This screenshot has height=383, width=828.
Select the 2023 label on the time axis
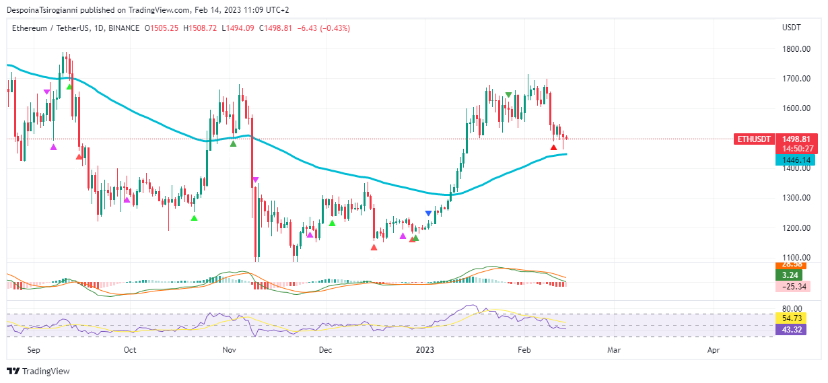[425, 350]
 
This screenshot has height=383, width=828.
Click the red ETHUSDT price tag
[754, 139]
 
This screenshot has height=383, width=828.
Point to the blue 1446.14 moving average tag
[795, 160]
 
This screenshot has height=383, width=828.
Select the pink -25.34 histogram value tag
[792, 287]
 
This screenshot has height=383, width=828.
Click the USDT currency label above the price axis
[791, 28]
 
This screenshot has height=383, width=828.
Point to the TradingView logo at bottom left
[38, 371]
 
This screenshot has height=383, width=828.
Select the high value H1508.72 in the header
[199, 28]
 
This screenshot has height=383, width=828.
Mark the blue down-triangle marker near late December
[429, 213]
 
